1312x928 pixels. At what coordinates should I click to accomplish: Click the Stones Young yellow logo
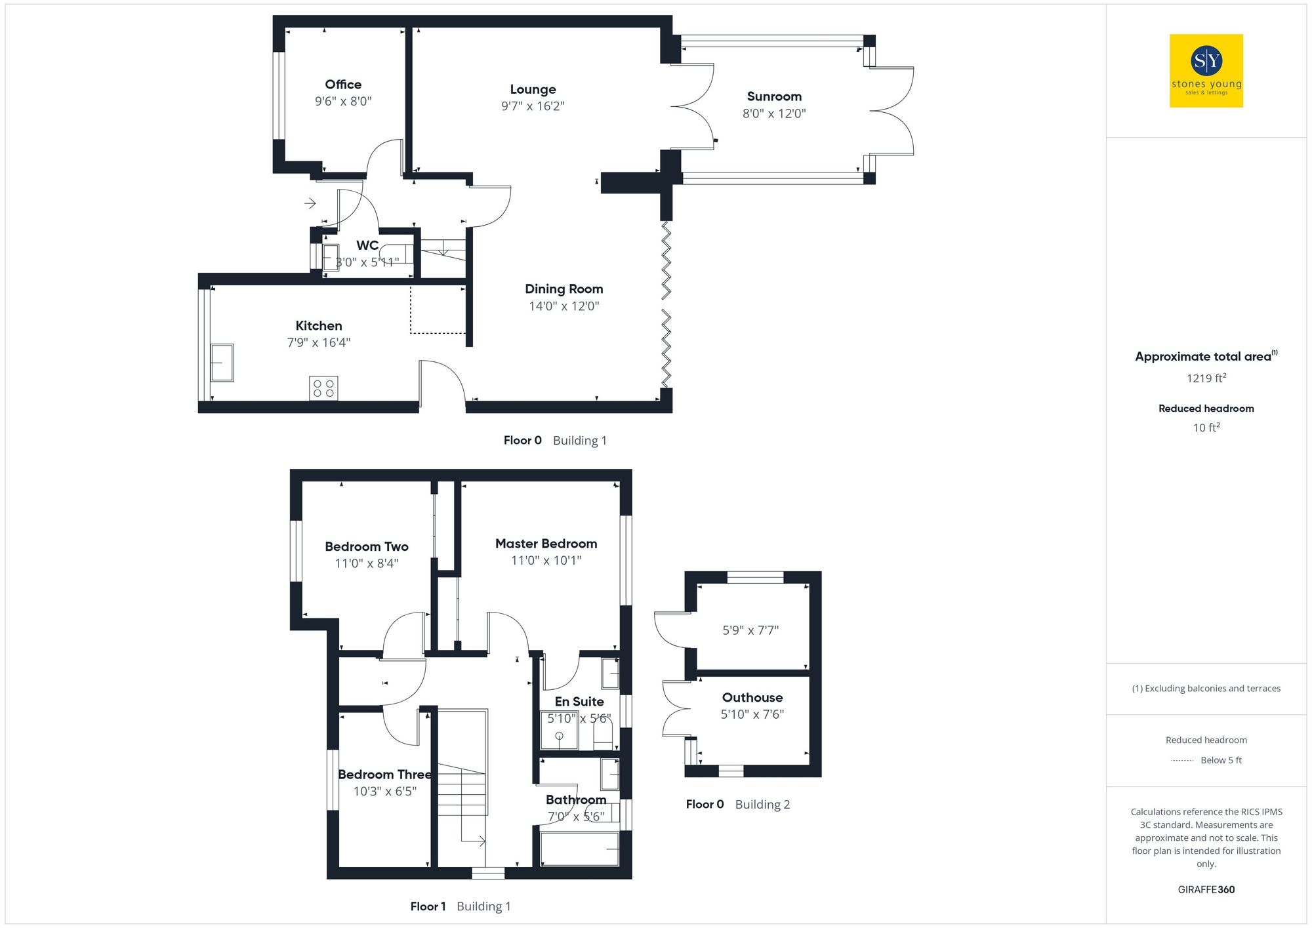click(x=1206, y=71)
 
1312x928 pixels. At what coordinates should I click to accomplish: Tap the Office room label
click(x=343, y=85)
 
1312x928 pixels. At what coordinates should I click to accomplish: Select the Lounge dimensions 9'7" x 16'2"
click(x=533, y=106)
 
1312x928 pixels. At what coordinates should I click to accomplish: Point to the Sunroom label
click(x=774, y=96)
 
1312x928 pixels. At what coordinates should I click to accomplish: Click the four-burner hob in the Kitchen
click(x=323, y=388)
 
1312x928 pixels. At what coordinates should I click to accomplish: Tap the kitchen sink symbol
click(x=222, y=362)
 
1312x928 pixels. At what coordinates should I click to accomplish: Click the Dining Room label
click(x=564, y=289)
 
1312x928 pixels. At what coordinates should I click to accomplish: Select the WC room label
click(x=367, y=245)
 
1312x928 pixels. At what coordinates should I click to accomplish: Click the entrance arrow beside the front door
click(x=310, y=203)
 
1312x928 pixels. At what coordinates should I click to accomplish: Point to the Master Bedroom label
click(x=546, y=544)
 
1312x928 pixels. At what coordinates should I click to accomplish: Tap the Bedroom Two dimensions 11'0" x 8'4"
click(x=366, y=563)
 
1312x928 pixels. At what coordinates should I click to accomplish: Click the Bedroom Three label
click(x=384, y=775)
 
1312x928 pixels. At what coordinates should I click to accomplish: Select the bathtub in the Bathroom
click(x=579, y=849)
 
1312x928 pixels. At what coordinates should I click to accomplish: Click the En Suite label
click(x=579, y=702)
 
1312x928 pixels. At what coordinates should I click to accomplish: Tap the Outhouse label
click(x=752, y=698)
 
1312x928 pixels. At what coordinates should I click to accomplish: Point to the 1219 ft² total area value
click(x=1206, y=378)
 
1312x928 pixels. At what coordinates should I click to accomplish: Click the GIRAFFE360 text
click(x=1206, y=890)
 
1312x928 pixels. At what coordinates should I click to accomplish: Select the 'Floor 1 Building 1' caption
click(x=460, y=906)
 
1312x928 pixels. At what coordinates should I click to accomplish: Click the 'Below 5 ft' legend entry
click(x=1220, y=760)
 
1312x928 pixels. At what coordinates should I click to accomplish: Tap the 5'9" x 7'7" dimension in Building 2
click(x=750, y=630)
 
